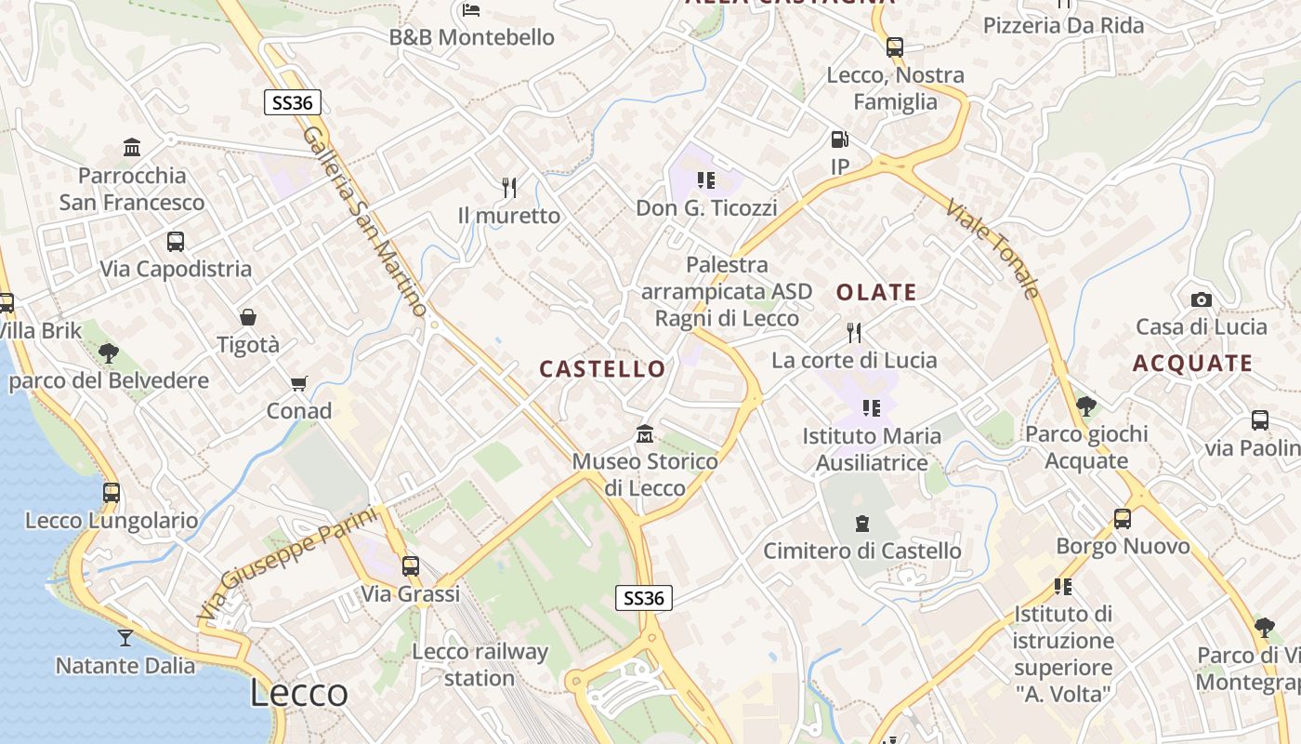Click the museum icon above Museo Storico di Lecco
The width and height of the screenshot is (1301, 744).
click(x=644, y=434)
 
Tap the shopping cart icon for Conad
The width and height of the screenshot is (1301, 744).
click(x=299, y=383)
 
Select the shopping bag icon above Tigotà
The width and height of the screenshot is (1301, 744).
click(x=248, y=317)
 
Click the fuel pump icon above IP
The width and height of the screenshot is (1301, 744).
click(x=839, y=140)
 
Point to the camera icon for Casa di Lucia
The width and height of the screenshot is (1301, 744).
click(x=1201, y=299)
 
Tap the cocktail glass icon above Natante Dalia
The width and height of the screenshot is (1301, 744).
click(x=125, y=638)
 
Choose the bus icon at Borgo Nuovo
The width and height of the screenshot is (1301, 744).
click(x=1123, y=518)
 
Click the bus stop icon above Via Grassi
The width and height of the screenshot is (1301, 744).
click(x=411, y=565)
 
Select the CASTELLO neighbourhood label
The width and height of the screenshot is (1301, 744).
click(x=603, y=369)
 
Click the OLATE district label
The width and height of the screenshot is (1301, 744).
click(x=876, y=292)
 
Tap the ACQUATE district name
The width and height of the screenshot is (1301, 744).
click(x=1192, y=364)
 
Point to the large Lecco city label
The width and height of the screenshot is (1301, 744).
click(x=299, y=693)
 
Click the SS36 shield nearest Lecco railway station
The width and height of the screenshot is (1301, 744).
click(x=643, y=598)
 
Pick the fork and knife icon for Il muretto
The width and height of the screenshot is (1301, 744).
click(x=509, y=188)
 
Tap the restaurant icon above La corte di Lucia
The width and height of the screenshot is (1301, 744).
click(x=854, y=332)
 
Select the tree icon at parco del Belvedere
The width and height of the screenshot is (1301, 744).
click(x=109, y=353)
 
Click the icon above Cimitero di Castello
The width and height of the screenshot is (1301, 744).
click(x=861, y=523)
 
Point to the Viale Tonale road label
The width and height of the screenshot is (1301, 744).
click(x=992, y=248)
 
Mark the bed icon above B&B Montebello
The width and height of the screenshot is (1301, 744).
click(x=471, y=10)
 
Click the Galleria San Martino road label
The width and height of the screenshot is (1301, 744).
click(x=365, y=221)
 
